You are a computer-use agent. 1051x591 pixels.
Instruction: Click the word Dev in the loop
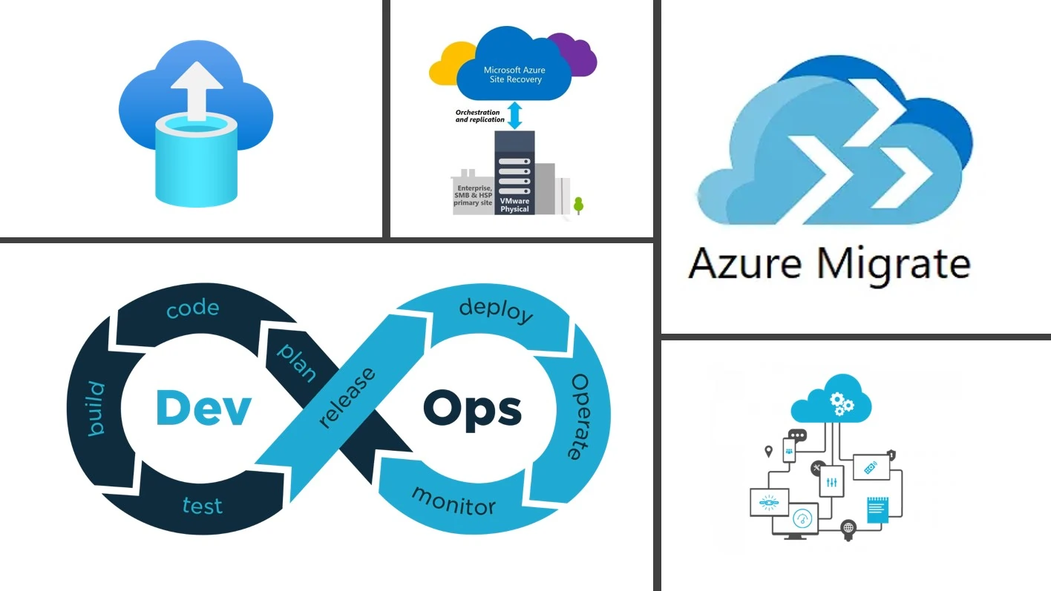pos(203,407)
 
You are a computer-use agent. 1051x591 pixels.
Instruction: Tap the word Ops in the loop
pos(472,407)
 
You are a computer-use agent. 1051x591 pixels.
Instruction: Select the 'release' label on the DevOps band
pos(346,397)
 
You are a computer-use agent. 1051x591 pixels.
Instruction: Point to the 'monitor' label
pos(453,501)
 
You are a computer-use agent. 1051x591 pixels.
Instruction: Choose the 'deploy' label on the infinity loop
pos(496,310)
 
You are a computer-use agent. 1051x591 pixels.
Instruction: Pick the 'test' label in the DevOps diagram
pos(202,506)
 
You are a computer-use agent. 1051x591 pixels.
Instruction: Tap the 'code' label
pos(192,308)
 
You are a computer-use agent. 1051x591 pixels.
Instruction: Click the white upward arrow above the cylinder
pos(197,90)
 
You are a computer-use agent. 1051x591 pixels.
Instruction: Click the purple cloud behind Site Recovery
pos(579,52)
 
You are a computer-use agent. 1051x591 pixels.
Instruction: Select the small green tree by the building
pos(578,205)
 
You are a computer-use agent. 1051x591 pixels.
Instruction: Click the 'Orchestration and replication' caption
pos(479,116)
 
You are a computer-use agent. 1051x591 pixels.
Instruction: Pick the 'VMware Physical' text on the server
pos(514,205)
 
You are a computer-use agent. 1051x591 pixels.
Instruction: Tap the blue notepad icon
pos(878,510)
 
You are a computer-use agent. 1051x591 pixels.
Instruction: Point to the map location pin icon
pos(768,451)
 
